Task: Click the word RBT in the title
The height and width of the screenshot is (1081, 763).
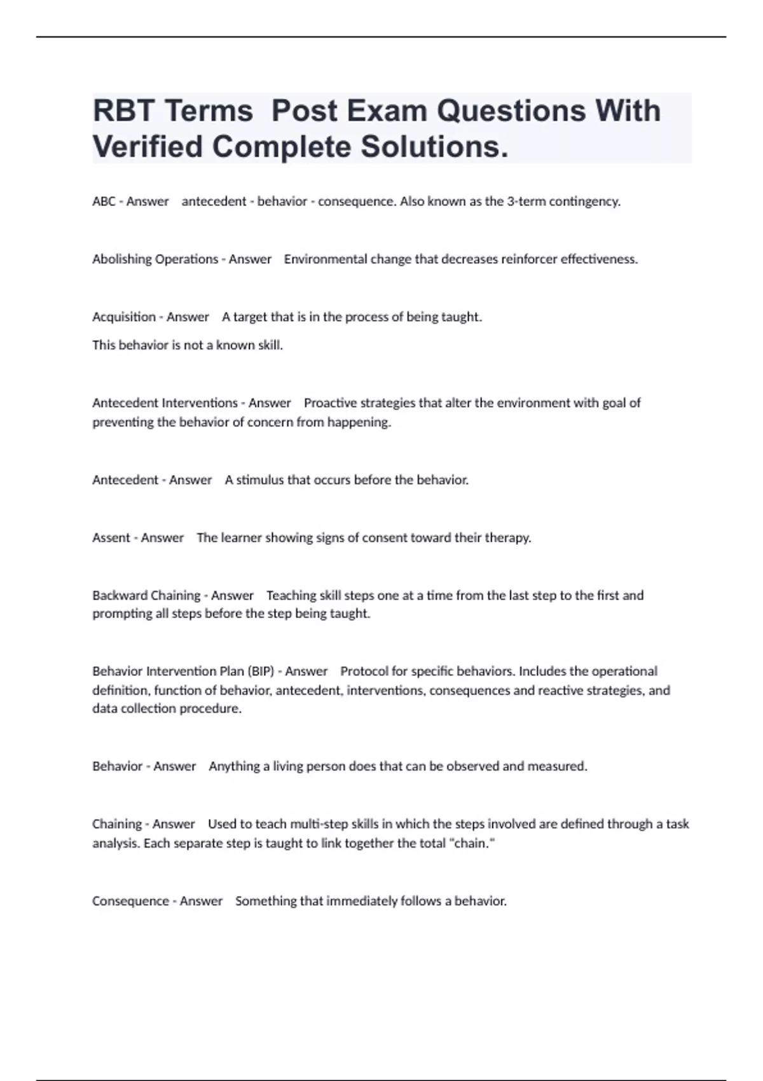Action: pos(123,111)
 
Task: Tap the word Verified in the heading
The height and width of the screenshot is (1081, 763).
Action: pos(148,147)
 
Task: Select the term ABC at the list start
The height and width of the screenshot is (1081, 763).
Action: pos(104,202)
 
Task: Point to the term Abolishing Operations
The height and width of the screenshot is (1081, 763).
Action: pos(155,259)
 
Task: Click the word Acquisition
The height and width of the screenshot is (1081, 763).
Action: pos(123,317)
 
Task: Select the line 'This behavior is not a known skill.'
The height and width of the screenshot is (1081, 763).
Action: pos(188,345)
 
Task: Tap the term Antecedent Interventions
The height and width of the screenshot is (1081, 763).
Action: pos(165,403)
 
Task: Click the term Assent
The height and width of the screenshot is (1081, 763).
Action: pos(111,538)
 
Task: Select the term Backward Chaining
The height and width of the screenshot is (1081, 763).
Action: pos(146,596)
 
